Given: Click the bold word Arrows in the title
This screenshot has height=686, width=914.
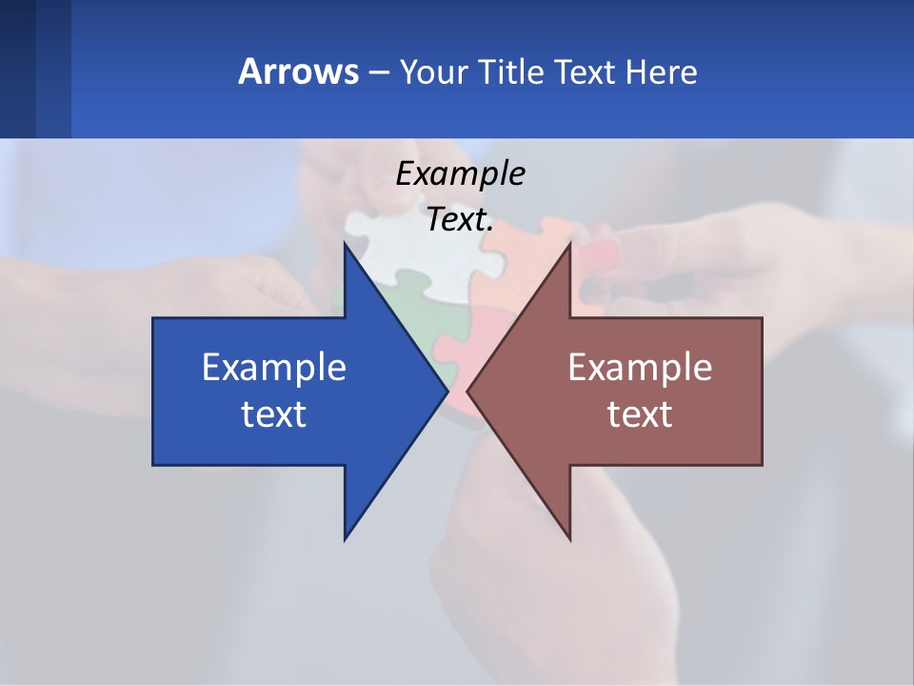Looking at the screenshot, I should click(297, 71).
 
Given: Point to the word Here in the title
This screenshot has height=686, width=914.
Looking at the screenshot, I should click(661, 71).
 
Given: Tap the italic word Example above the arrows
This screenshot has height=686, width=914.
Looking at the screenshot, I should click(460, 173).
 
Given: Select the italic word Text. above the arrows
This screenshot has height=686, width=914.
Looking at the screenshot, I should click(460, 219).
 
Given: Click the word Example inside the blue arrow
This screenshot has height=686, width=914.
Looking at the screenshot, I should click(274, 368).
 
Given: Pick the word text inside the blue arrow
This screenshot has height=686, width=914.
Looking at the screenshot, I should click(274, 414).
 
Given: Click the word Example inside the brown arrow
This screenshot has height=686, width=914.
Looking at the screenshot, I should click(640, 368).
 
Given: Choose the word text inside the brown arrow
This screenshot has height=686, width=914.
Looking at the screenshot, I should click(640, 414).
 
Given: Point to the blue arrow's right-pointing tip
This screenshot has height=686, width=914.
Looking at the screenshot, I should click(446, 391).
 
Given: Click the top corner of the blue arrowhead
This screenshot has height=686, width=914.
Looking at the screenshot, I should click(345, 244).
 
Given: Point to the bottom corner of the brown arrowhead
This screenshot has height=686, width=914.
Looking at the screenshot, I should click(569, 538).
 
